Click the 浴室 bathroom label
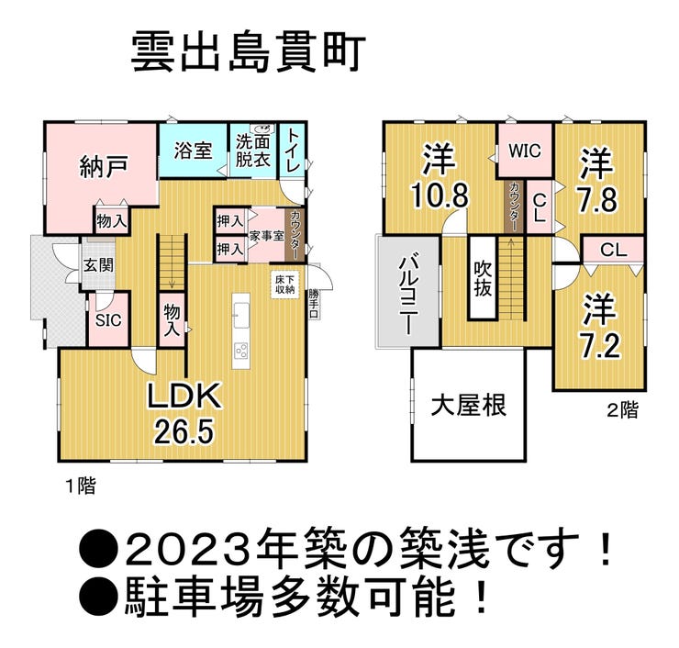pos(193,151)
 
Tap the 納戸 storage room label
pos(103,166)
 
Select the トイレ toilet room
pos(292,150)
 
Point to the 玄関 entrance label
pos(98,264)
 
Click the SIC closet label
pos(108,320)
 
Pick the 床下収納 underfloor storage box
pos(284,285)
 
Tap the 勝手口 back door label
pos(313,304)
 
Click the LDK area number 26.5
pos(184,432)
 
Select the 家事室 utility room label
pos(266,236)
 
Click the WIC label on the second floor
pos(525,151)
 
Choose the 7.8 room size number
pos(596,198)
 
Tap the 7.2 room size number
pos(600,344)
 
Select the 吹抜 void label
pos(482,279)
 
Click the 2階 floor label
pos(623,409)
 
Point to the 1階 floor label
pos(81,486)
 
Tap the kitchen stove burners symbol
pos(240,349)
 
